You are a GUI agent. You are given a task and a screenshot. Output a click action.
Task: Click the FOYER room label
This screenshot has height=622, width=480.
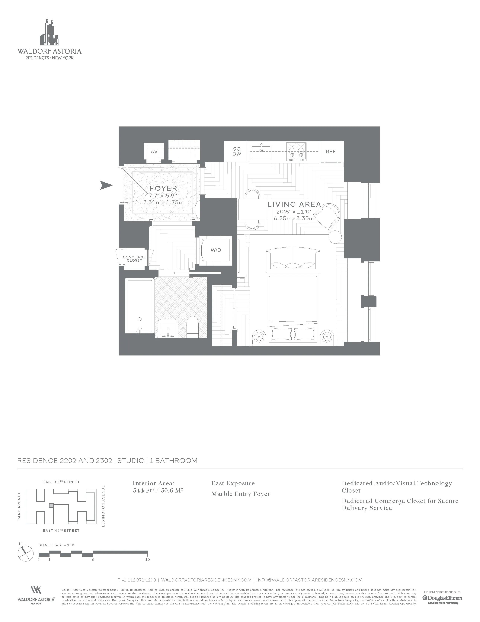pos(163,188)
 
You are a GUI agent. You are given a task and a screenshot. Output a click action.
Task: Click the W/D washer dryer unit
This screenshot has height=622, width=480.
pos(216,250)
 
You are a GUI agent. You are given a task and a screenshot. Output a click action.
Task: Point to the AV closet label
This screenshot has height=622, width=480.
pos(154,152)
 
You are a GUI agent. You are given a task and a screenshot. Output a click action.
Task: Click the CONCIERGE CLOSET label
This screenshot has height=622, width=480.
pos(134,259)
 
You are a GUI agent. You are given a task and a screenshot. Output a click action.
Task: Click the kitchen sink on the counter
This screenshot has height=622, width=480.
pos(261,152)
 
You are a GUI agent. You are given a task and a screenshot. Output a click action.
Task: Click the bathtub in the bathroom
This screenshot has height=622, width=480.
pos(140,306)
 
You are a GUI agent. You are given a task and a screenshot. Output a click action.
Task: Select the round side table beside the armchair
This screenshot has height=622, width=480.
pos(335,237)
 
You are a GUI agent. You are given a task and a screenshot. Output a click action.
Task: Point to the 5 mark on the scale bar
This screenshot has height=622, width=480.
pos(93,559)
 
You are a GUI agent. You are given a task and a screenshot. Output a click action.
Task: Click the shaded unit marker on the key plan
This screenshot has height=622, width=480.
pos(51,506)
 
